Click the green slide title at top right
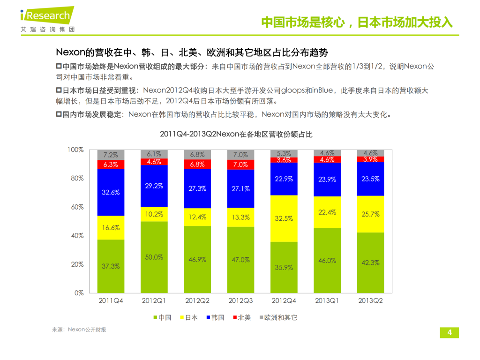[356, 22]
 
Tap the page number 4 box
[450, 332]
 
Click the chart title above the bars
[236, 135]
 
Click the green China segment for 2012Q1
[154, 257]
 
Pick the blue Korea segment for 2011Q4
[111, 192]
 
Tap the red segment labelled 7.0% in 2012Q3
[240, 165]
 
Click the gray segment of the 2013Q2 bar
[370, 153]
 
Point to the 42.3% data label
[370, 263]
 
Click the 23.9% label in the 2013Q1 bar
[327, 180]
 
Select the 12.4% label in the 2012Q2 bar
[197, 217]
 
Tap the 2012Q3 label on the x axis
[240, 300]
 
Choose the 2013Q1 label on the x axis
[327, 300]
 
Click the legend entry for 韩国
[215, 317]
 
